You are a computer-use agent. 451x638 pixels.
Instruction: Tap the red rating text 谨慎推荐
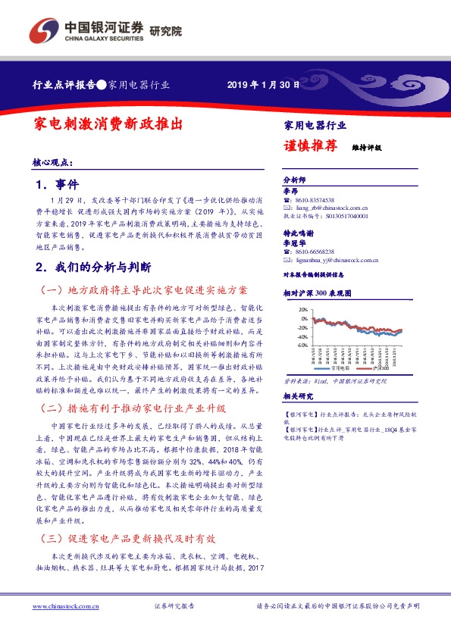[x=309, y=147]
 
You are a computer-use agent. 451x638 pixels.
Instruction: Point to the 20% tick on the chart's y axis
[x=302, y=309]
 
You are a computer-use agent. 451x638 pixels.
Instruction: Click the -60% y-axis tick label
[x=302, y=345]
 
